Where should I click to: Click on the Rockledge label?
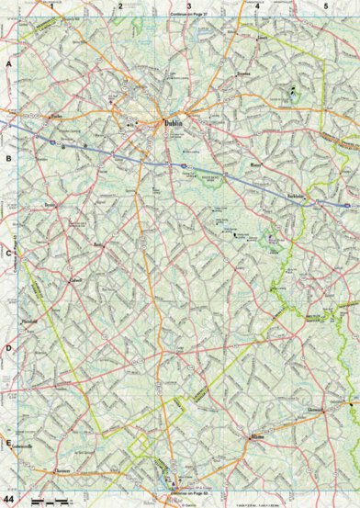[294, 197]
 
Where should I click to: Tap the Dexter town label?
[50, 205]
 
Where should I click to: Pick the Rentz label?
[100, 244]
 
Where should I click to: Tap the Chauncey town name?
[62, 469]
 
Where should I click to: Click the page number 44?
[9, 498]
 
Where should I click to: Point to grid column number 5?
[325, 6]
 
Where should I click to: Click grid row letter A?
[8, 65]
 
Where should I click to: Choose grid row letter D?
[8, 348]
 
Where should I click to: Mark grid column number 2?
[120, 6]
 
